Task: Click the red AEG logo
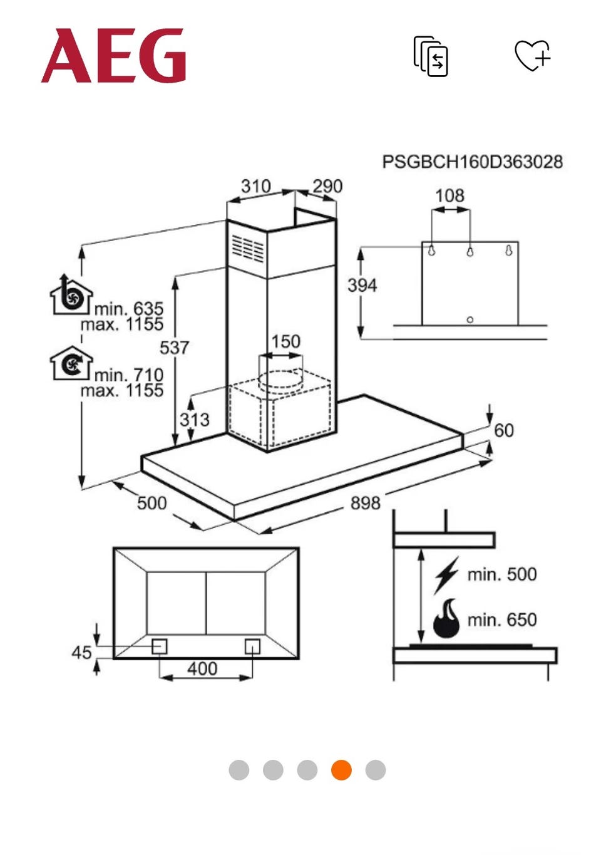(113, 55)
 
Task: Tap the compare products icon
(431, 56)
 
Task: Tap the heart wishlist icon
(532, 55)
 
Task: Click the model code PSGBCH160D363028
(473, 162)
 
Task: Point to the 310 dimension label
(255, 186)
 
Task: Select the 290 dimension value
(327, 186)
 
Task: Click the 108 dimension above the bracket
(450, 196)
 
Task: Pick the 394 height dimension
(362, 286)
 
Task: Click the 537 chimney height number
(174, 348)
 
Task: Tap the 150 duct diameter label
(286, 341)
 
